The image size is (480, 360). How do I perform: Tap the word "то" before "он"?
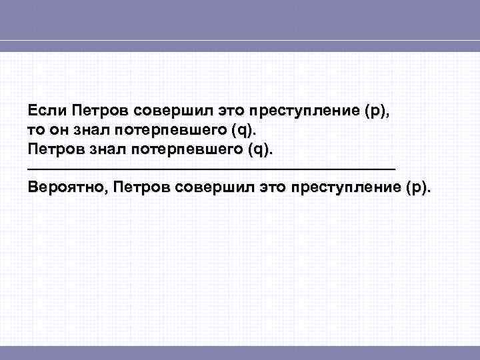(x=37, y=129)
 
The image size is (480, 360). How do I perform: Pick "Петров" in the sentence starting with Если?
(x=100, y=109)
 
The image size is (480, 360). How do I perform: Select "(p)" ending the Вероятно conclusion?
(x=417, y=189)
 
